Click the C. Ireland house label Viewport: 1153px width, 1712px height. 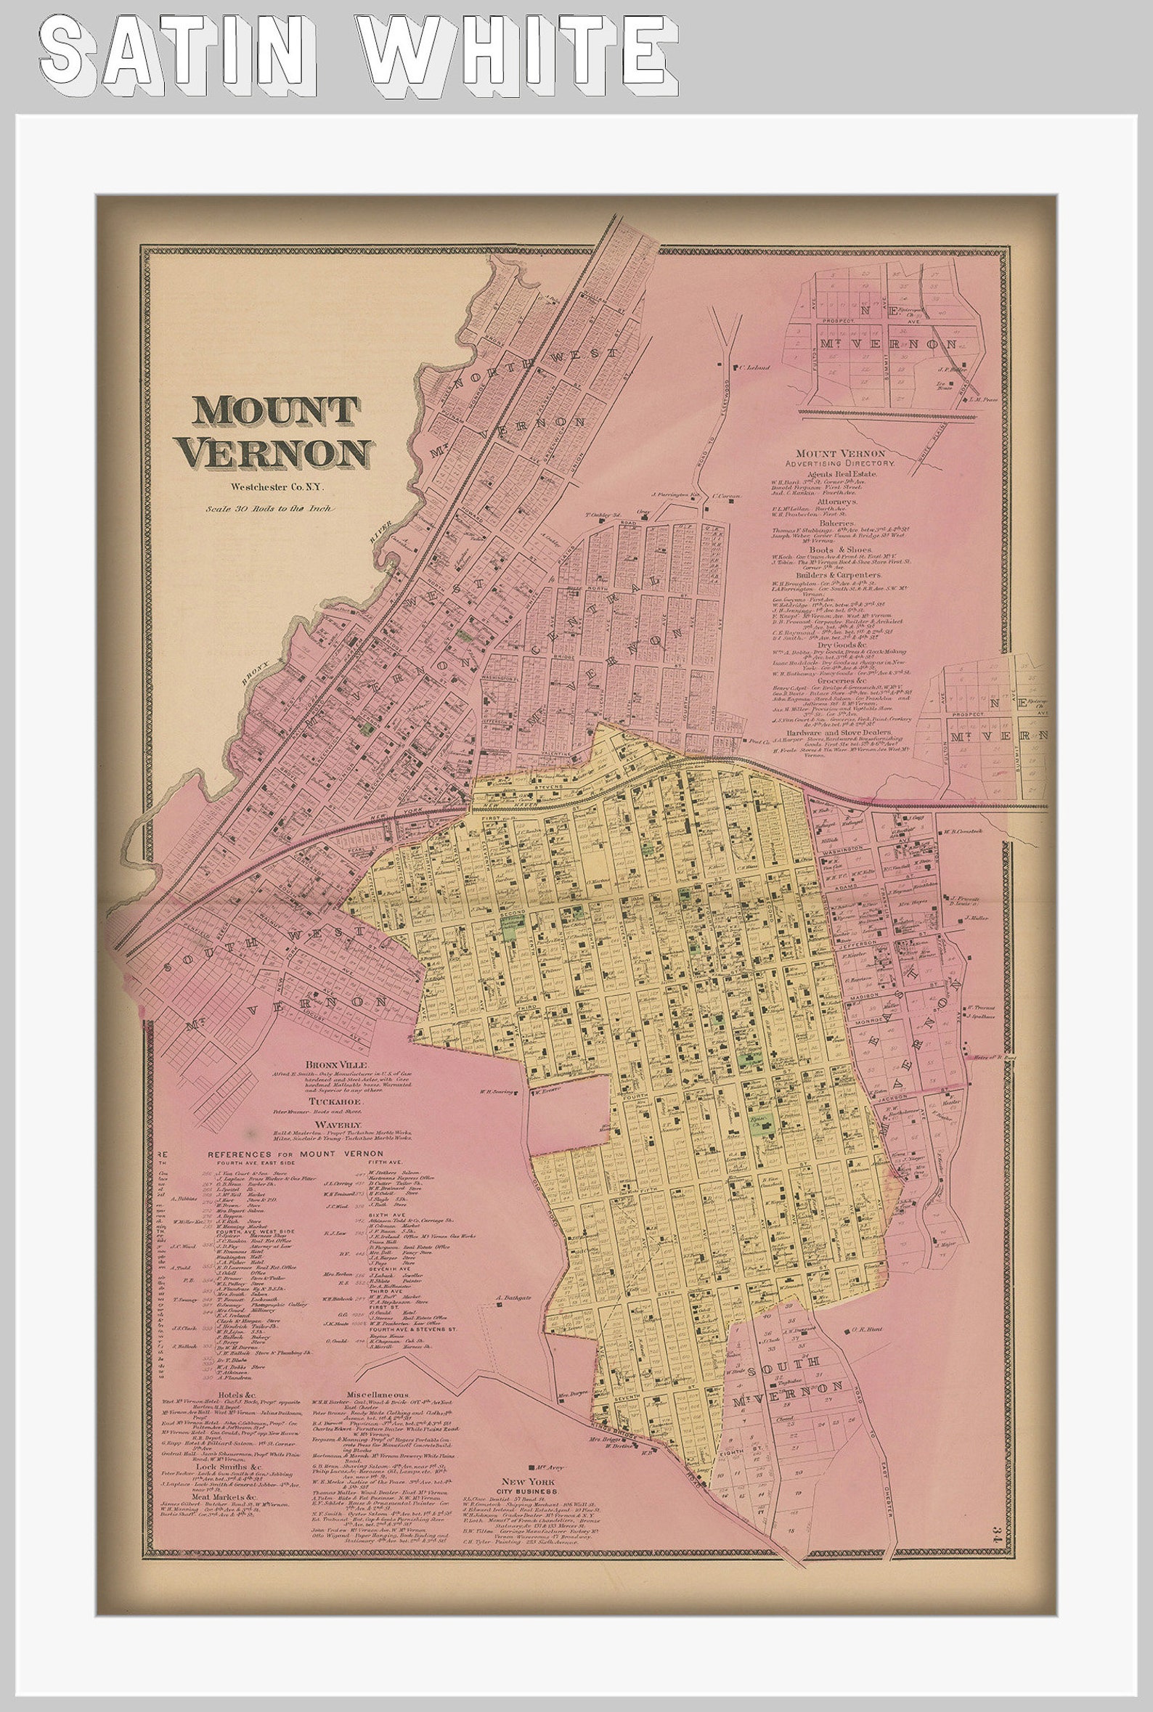coord(752,366)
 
